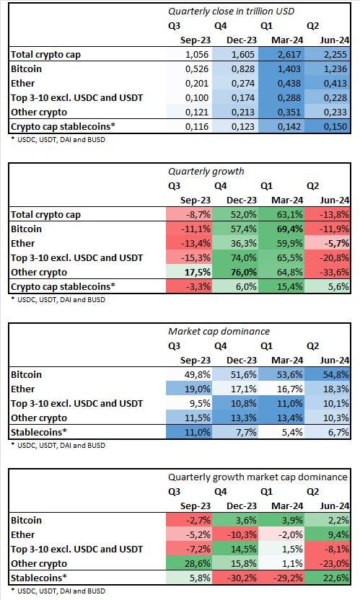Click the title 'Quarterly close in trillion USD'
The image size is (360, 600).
coord(232,11)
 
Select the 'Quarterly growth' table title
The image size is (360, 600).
coord(206,171)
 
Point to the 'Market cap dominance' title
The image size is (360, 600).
coord(219,331)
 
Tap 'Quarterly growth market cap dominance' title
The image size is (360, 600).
coord(258,477)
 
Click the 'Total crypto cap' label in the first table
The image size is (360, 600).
coord(45,54)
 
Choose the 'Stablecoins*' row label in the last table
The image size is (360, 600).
coord(39,578)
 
